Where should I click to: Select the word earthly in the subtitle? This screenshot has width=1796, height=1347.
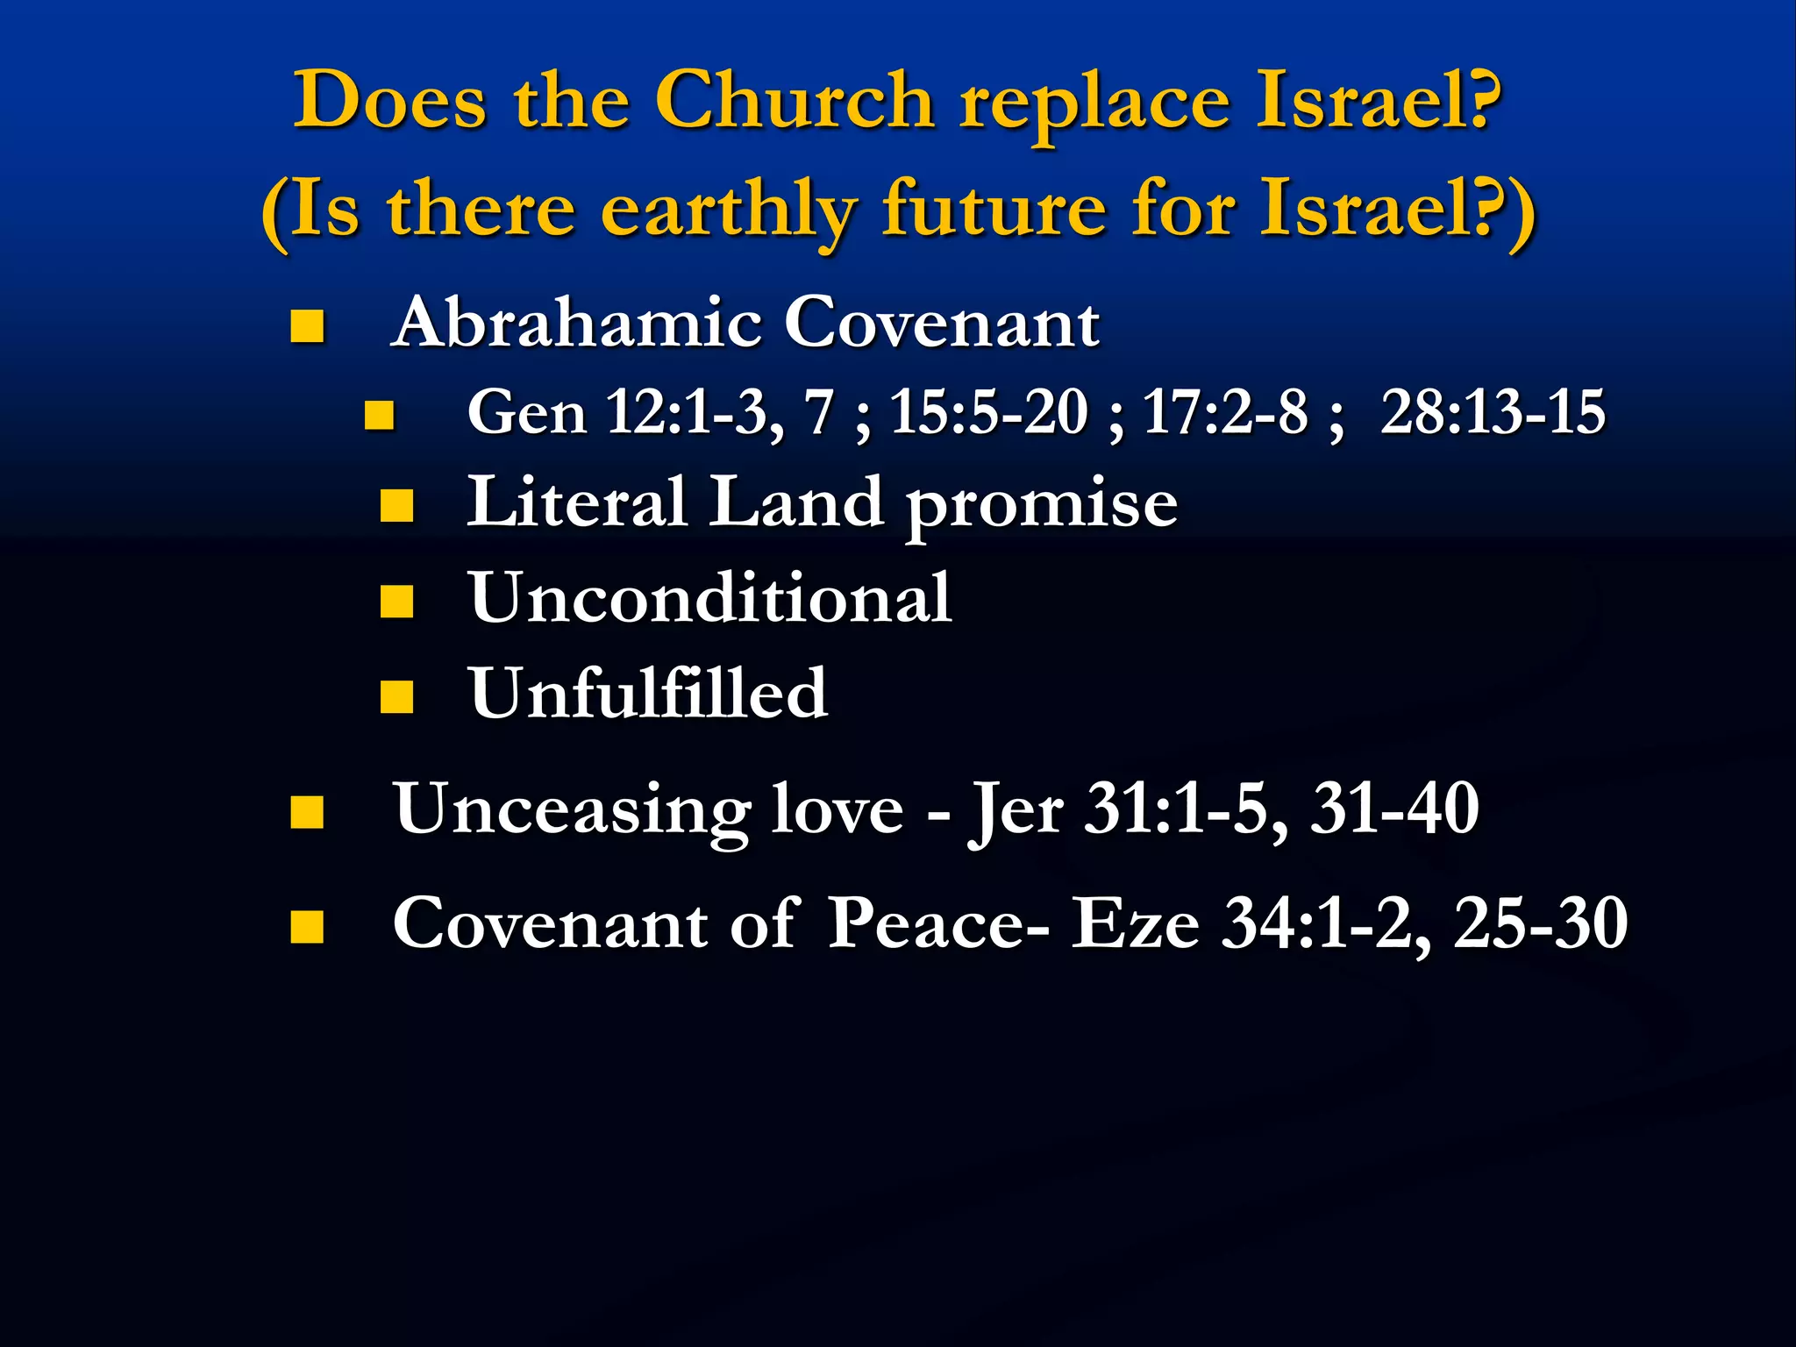728,210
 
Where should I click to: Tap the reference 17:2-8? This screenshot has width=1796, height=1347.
1224,411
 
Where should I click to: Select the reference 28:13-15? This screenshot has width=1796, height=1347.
1493,411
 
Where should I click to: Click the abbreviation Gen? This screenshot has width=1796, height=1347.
526,412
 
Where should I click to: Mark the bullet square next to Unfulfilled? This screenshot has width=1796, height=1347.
396,697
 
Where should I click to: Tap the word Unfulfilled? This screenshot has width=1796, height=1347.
648,694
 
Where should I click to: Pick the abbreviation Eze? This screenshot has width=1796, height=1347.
1136,923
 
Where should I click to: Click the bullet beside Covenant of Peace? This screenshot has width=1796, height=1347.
307,927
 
